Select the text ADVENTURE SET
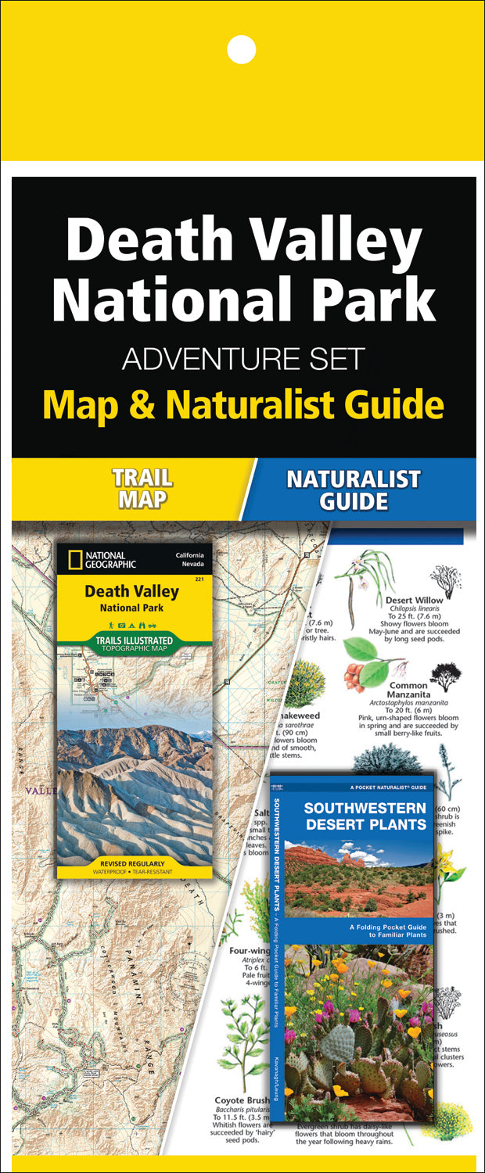coord(243,359)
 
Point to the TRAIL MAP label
coord(142,489)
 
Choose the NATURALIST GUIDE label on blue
coord(353,489)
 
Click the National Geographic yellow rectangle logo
coord(74,560)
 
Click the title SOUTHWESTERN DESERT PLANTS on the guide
coord(354,816)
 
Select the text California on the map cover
coord(192,555)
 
